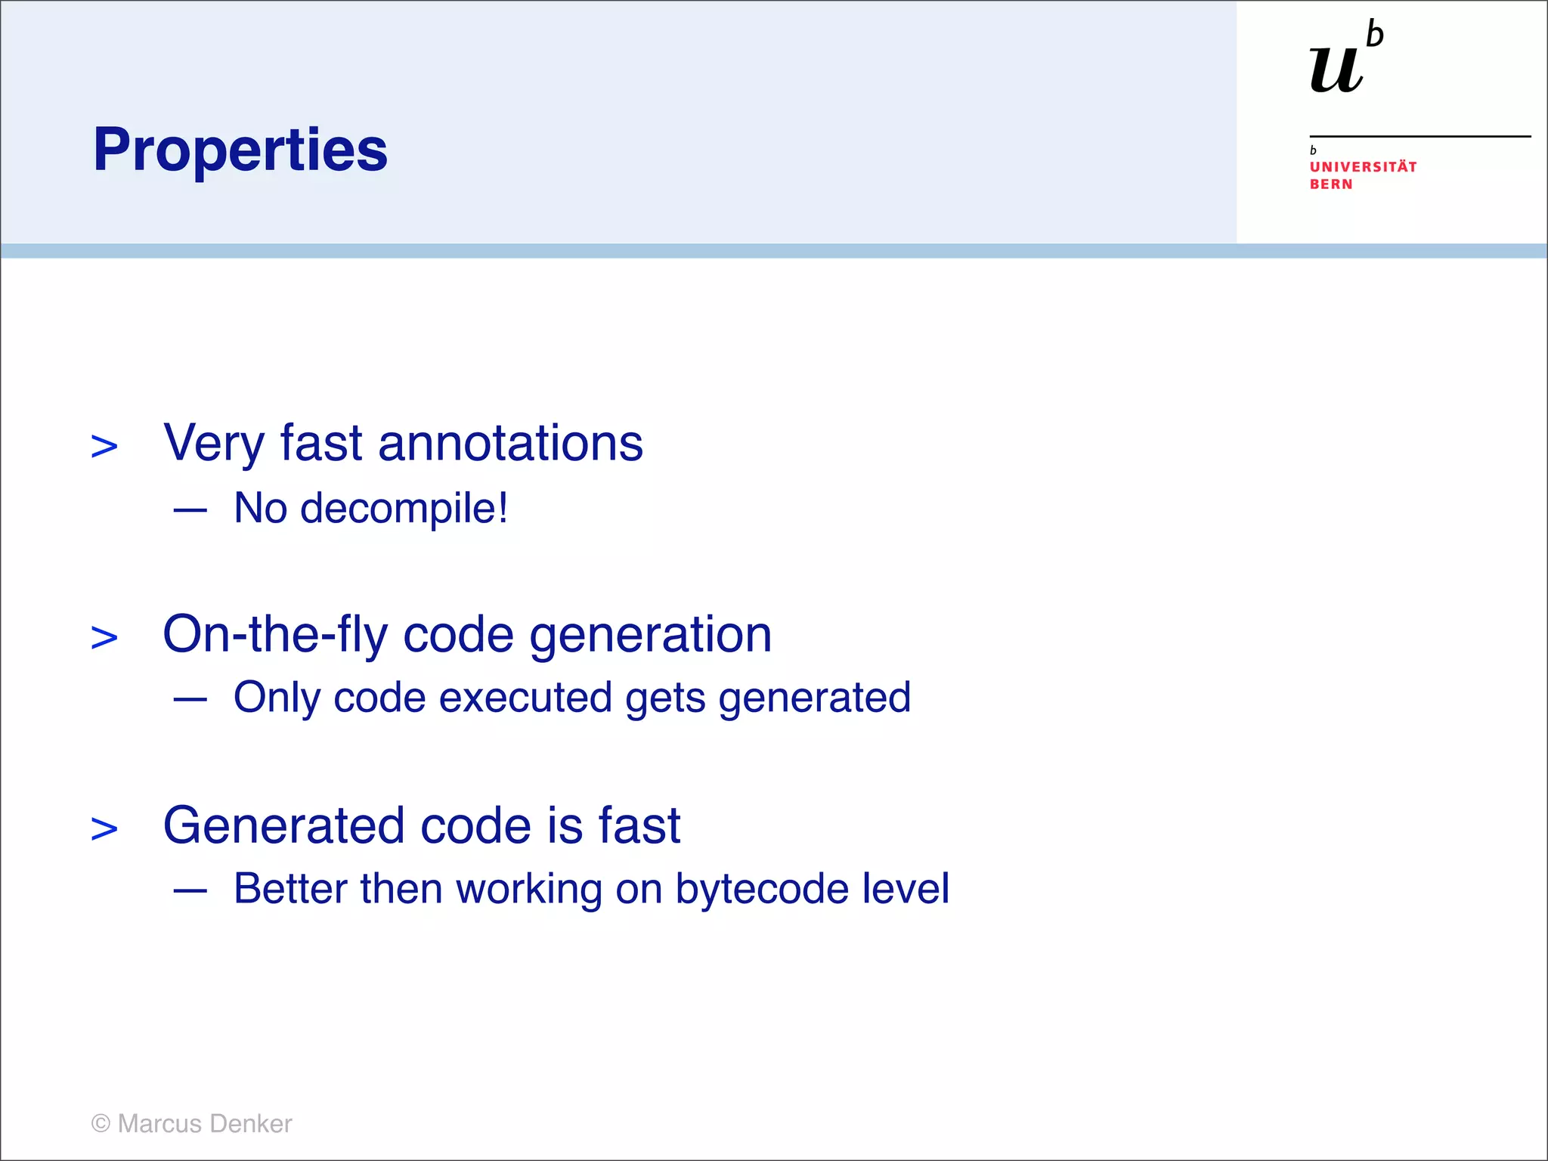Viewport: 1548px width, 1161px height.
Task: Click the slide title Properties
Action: (240, 150)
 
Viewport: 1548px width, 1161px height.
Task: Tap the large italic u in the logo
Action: (1336, 70)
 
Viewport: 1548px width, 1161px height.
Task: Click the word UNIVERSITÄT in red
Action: (1363, 167)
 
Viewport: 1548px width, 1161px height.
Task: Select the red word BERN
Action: (1331, 184)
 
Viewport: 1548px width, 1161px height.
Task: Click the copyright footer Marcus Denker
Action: (191, 1124)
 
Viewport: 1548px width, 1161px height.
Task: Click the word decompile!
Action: (404, 508)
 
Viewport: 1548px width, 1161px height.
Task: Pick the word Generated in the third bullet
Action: (283, 825)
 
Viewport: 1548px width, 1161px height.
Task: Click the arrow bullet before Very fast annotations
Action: (104, 447)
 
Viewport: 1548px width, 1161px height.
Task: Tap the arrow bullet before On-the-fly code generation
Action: (104, 638)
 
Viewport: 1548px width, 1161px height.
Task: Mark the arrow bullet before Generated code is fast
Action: (104, 829)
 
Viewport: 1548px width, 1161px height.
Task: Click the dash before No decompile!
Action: (190, 510)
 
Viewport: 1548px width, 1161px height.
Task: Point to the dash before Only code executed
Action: (190, 700)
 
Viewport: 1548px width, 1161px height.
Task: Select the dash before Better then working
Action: (190, 891)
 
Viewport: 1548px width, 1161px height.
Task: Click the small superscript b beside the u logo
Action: (1375, 34)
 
